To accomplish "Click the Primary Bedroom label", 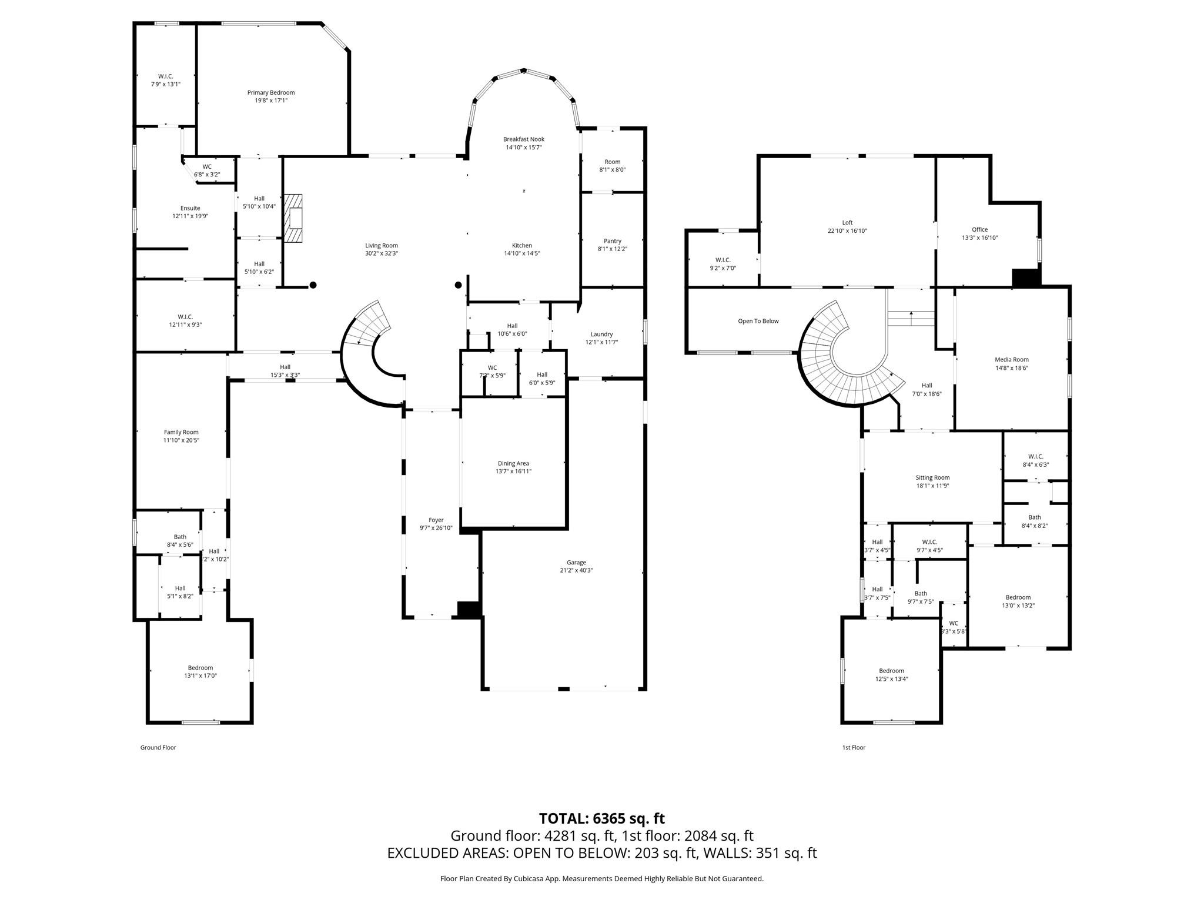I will [x=270, y=92].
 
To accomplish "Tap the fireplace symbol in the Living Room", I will [x=293, y=218].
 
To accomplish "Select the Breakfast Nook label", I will [x=523, y=139].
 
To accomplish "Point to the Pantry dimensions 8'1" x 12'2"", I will [x=612, y=249].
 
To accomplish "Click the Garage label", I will [x=576, y=562].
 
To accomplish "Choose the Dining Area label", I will [x=513, y=463].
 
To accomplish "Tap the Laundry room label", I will [x=601, y=334].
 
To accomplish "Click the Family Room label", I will [x=181, y=432].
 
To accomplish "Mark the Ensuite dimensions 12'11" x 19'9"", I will [x=190, y=216].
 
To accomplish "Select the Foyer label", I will [x=436, y=520].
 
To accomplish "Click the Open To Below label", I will [x=758, y=321].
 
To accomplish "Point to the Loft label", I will [x=847, y=223].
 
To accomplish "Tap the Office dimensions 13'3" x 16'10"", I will [x=979, y=238].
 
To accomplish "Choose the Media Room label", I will [x=1011, y=360].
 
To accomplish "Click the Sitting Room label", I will [x=932, y=477].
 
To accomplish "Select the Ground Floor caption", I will [x=158, y=747].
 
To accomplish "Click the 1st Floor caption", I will [x=854, y=747].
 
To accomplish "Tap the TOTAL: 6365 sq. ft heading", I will [x=601, y=818].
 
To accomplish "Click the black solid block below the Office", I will [x=1026, y=278].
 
